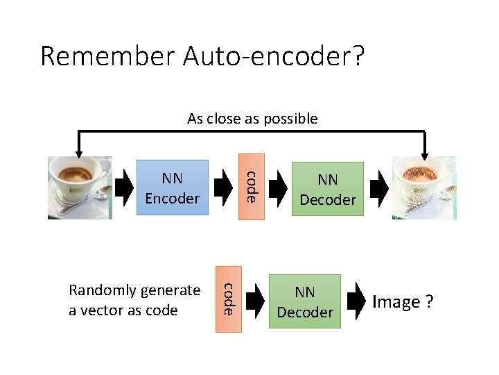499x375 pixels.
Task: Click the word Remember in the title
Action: click(x=108, y=56)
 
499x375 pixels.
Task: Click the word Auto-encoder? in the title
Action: click(x=273, y=56)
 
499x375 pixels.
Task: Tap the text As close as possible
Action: click(x=252, y=119)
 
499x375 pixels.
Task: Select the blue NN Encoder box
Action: click(x=173, y=188)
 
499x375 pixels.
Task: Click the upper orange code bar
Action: click(x=252, y=186)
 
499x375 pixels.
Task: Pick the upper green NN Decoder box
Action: click(x=328, y=190)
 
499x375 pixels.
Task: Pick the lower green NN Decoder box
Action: click(x=305, y=303)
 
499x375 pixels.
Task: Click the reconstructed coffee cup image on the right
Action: click(x=423, y=187)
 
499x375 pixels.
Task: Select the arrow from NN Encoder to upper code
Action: click(x=224, y=187)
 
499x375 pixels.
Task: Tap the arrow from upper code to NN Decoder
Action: click(x=278, y=187)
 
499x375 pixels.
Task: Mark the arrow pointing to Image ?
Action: click(x=356, y=300)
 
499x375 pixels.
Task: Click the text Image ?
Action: click(x=403, y=302)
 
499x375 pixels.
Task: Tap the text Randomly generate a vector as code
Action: click(x=134, y=300)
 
